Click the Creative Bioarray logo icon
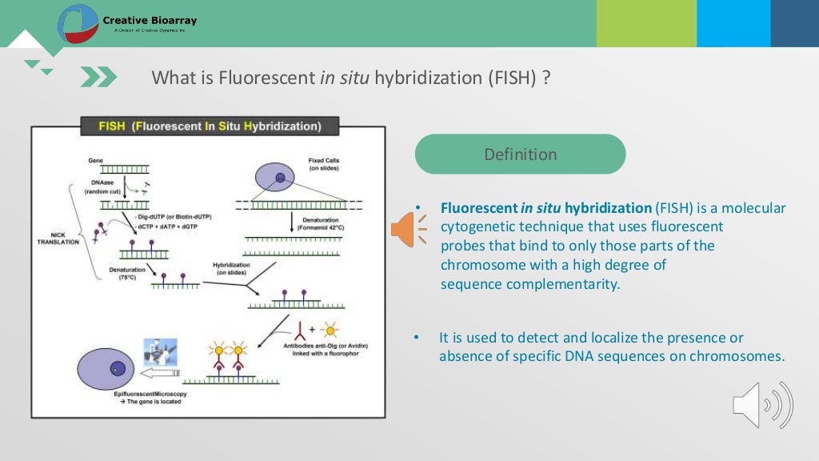[78, 23]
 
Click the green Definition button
[520, 154]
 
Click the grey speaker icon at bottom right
[762, 405]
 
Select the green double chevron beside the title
[98, 77]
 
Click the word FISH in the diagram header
[111, 126]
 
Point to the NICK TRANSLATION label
[58, 239]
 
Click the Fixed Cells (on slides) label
[323, 164]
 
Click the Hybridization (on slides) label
[231, 269]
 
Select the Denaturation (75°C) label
[127, 274]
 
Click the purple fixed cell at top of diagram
[274, 177]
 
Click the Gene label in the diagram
[95, 160]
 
